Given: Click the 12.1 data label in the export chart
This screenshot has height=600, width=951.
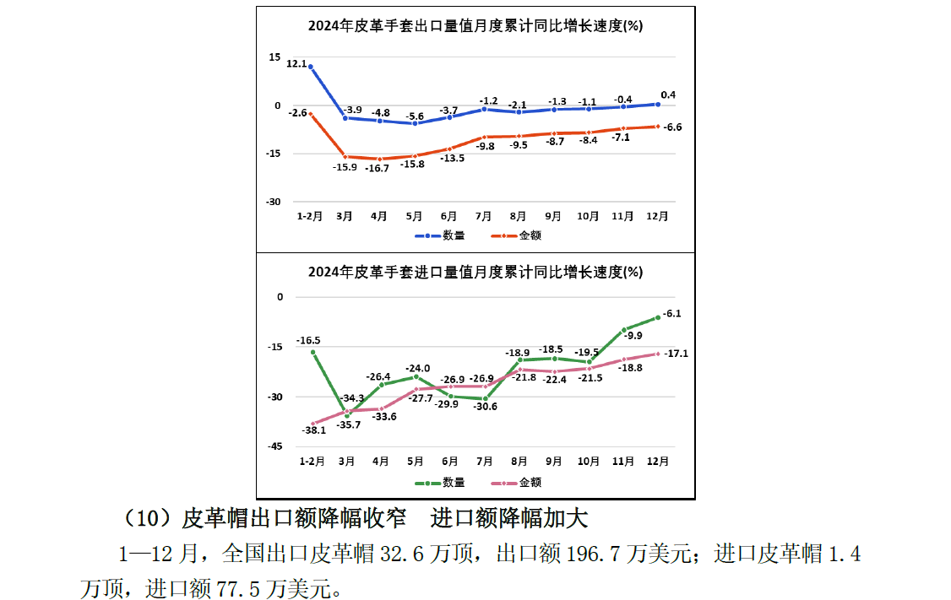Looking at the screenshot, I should [296, 63].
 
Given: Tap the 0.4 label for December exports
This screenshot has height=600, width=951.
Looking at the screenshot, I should [668, 95].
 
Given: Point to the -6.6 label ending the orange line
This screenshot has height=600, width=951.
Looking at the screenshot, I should [673, 127].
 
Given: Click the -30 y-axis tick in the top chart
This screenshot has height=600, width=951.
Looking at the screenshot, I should [274, 202].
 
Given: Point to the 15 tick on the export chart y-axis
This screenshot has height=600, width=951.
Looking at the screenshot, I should [274, 57].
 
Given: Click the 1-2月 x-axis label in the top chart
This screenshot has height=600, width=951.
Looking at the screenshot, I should [310, 216].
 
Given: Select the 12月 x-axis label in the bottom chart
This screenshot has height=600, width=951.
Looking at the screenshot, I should [658, 462].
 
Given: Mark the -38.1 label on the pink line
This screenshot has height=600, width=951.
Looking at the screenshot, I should [313, 430].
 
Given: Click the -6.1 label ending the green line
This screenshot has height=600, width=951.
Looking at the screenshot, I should [672, 313].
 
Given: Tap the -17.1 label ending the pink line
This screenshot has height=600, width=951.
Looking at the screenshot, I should [676, 354].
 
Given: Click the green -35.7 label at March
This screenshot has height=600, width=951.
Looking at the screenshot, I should [348, 424].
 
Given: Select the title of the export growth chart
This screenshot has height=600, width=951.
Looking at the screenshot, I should [475, 26].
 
